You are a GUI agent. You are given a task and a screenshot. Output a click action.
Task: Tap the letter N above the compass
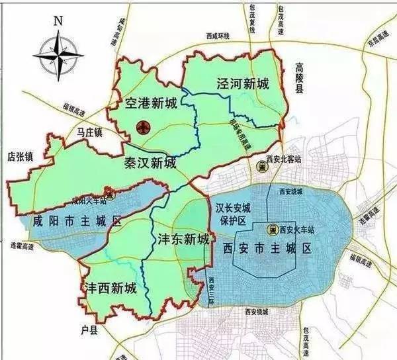click(x=58, y=19)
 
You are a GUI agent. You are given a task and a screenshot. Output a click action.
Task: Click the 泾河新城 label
click(x=243, y=84)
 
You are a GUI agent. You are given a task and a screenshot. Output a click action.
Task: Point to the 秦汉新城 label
click(x=150, y=162)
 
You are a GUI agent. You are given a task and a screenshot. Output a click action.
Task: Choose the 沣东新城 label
click(x=184, y=238)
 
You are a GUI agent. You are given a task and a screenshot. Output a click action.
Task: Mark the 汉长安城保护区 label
click(x=231, y=214)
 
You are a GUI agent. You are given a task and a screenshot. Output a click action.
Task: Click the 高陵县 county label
click(x=298, y=78)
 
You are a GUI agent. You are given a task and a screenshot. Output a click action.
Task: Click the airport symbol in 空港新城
click(x=142, y=126)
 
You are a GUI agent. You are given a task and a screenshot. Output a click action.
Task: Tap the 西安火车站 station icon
click(x=271, y=230)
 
